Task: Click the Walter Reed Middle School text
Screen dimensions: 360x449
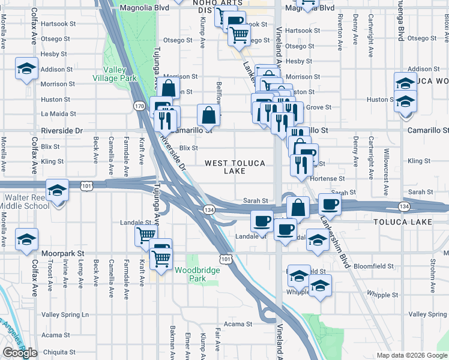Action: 26,202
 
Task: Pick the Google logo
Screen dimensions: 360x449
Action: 20,353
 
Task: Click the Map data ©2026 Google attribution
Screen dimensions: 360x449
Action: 412,355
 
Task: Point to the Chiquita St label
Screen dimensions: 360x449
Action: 59,352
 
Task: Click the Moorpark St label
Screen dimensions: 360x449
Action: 62,254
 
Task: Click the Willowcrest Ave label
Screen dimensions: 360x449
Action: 386,163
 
